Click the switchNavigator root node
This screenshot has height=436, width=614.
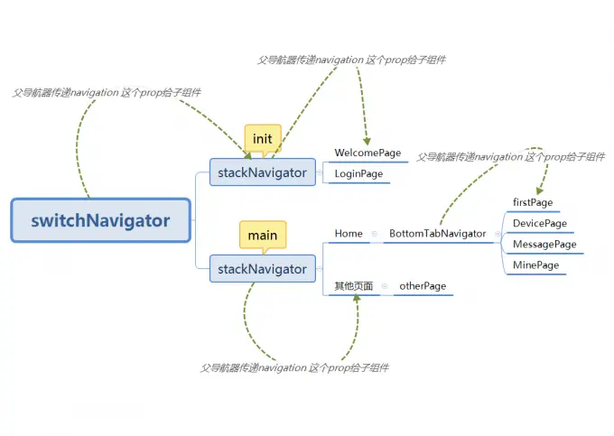tap(100, 220)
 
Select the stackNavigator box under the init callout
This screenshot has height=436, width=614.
tap(262, 172)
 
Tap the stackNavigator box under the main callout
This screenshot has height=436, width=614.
tap(262, 268)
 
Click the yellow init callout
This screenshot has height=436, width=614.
tap(262, 138)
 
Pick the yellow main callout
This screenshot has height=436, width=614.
tap(263, 235)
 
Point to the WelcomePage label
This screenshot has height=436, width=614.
tap(367, 153)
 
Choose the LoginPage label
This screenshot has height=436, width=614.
tap(358, 173)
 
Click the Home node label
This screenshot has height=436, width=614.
tap(348, 234)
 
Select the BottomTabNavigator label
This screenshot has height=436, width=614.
tap(437, 234)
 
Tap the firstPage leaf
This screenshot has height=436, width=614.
tap(533, 202)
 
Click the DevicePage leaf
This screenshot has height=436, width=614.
tap(539, 223)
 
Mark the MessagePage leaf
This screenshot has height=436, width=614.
tap(544, 244)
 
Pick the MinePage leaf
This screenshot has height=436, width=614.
tap(535, 265)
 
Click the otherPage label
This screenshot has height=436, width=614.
tap(423, 286)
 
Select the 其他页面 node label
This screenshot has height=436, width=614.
tap(353, 286)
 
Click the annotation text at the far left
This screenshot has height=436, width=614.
tap(107, 93)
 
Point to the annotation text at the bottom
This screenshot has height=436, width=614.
tap(294, 368)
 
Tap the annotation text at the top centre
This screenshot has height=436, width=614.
tap(351, 60)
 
